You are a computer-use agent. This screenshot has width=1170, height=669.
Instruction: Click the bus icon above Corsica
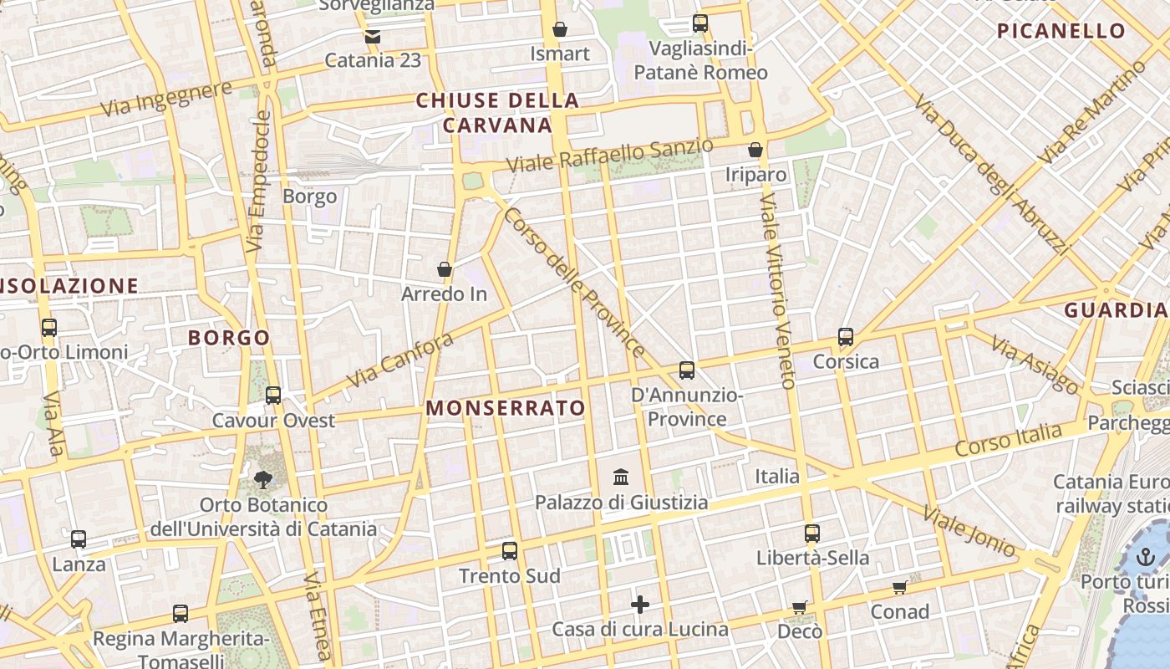point(846,338)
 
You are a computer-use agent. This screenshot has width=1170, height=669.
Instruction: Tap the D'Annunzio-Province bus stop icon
point(687,370)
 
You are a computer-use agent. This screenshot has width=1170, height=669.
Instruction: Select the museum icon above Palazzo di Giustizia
point(621,477)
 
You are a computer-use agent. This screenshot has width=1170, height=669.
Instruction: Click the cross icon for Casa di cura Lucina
point(640,605)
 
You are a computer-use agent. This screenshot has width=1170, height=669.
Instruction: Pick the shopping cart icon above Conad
point(899,587)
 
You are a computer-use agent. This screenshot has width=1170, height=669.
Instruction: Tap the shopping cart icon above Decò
point(800,607)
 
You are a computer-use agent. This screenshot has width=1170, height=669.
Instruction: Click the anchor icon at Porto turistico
point(1146,557)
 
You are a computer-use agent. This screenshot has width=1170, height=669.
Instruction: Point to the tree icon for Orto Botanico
point(263,480)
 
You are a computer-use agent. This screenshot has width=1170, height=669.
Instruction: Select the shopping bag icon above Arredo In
point(445,269)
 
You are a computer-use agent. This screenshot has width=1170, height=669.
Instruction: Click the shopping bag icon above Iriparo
point(755,150)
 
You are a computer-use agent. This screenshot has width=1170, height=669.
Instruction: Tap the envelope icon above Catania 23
point(372,36)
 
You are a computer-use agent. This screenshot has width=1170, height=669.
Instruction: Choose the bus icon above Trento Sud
point(510,551)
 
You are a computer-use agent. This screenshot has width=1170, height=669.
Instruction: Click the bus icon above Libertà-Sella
point(812,533)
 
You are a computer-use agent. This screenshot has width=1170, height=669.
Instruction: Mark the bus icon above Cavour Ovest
point(273,396)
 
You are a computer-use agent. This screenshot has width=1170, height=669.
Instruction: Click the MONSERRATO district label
point(506,408)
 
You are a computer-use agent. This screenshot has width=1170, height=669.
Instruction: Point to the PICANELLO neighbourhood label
point(1061,31)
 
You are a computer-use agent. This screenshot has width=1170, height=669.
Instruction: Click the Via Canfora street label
point(399,360)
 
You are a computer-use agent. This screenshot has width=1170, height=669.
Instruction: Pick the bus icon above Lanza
point(79,539)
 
